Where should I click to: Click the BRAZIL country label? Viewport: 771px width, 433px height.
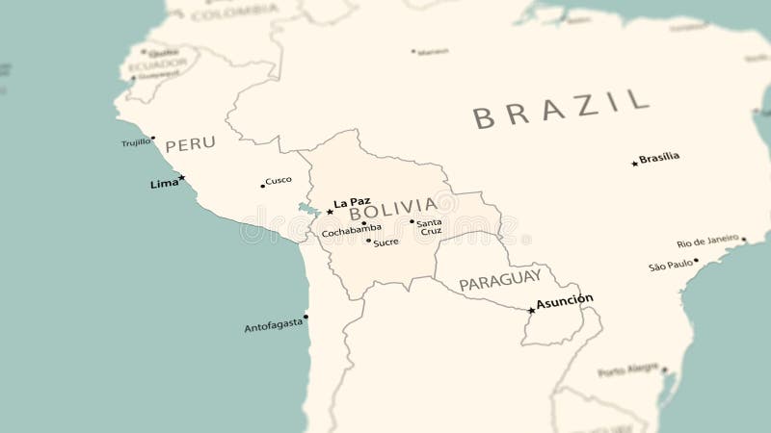pyautogui.click(x=560, y=108)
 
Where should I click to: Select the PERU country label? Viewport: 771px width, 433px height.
pyautogui.click(x=190, y=144)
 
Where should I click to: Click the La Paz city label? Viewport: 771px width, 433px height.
pyautogui.click(x=352, y=202)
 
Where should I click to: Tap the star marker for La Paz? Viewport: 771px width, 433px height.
pyautogui.click(x=330, y=211)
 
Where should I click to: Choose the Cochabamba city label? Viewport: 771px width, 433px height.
pyautogui.click(x=351, y=231)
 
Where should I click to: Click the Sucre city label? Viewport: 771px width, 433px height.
pyautogui.click(x=385, y=242)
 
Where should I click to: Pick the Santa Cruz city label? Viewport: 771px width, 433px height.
pyautogui.click(x=429, y=227)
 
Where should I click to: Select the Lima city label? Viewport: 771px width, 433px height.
pyautogui.click(x=163, y=183)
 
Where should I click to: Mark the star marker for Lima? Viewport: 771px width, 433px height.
pyautogui.click(x=181, y=177)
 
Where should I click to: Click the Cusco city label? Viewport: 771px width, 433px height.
pyautogui.click(x=279, y=180)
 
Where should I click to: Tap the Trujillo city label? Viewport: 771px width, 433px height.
pyautogui.click(x=136, y=142)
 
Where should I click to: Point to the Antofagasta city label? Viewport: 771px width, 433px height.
pyautogui.click(x=273, y=327)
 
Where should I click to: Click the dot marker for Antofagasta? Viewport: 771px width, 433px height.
pyautogui.click(x=306, y=317)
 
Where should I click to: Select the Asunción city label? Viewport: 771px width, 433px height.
pyautogui.click(x=565, y=300)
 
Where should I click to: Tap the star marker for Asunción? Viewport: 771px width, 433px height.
pyautogui.click(x=531, y=310)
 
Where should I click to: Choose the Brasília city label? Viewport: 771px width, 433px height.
pyautogui.click(x=659, y=157)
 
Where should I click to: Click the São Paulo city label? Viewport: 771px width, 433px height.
pyautogui.click(x=671, y=265)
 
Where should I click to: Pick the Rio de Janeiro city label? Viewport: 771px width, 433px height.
pyautogui.click(x=707, y=242)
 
